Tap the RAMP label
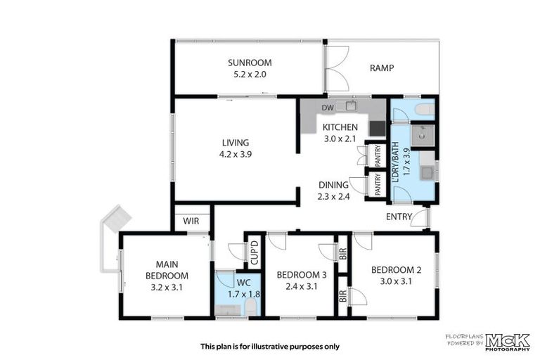pos(382,68)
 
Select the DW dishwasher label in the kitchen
pos(327,107)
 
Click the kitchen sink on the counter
pos(349,107)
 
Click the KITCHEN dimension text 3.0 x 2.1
pos(340,139)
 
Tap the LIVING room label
pos(235,142)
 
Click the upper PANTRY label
pos(378,155)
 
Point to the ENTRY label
pos(399,217)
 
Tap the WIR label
pos(191,221)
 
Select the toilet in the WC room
pos(251,308)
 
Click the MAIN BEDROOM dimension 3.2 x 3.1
pos(167,287)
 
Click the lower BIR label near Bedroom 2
pos(343,296)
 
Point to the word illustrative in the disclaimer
pos(283,346)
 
